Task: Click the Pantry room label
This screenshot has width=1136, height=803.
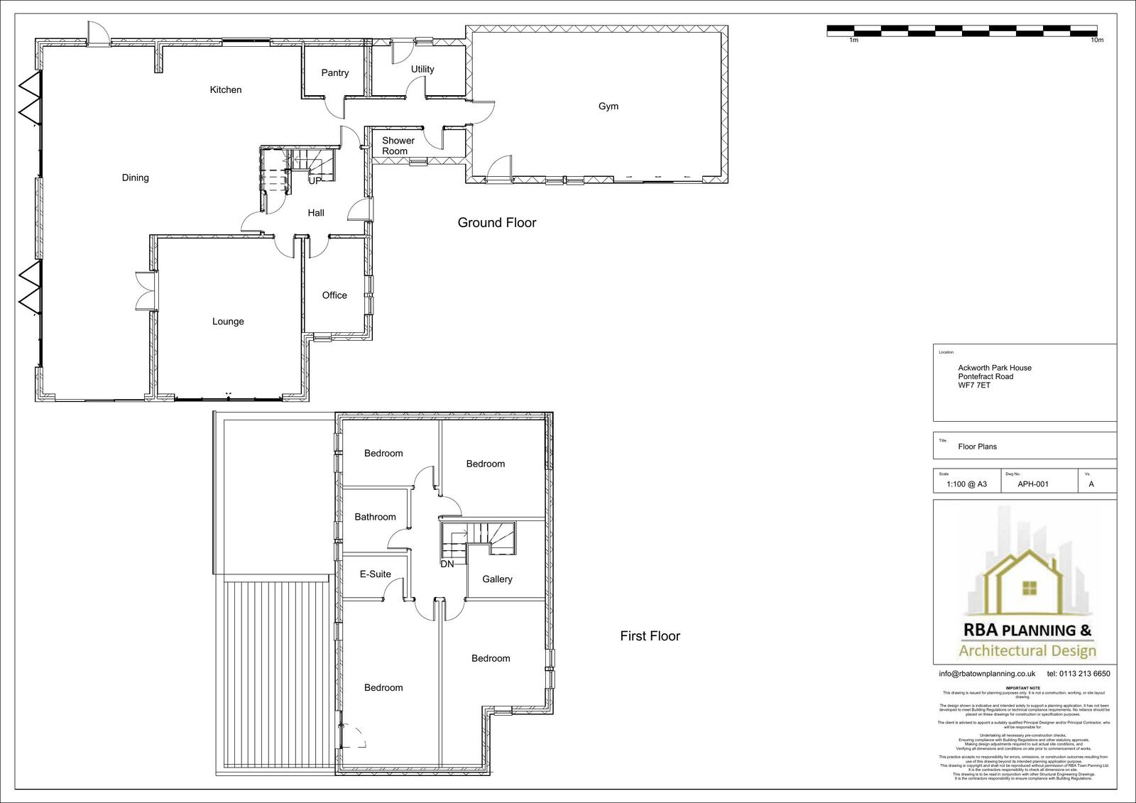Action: (334, 73)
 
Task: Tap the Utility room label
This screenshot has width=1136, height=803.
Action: (422, 70)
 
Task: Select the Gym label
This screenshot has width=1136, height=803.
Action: (608, 106)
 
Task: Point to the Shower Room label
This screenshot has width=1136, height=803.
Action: (398, 146)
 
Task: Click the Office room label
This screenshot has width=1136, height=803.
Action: (334, 295)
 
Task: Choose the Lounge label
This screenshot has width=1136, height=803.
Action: (228, 322)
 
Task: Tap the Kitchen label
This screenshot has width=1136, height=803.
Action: (226, 90)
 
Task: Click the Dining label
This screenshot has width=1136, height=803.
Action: (135, 178)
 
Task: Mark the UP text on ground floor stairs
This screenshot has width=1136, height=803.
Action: (315, 180)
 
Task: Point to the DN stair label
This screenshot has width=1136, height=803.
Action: (447, 564)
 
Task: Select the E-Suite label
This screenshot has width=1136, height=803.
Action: (375, 574)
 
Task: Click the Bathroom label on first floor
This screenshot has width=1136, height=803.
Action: (375, 517)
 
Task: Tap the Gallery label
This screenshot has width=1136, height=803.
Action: (497, 579)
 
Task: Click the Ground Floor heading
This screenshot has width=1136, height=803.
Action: (496, 223)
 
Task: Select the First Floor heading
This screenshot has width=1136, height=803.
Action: (650, 636)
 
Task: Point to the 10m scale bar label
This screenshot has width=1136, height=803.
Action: (1096, 40)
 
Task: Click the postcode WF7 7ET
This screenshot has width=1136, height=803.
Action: (974, 386)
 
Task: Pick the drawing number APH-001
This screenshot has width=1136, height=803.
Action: (1033, 484)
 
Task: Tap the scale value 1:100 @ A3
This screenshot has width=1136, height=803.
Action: (966, 484)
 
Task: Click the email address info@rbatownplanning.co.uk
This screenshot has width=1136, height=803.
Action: (987, 674)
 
